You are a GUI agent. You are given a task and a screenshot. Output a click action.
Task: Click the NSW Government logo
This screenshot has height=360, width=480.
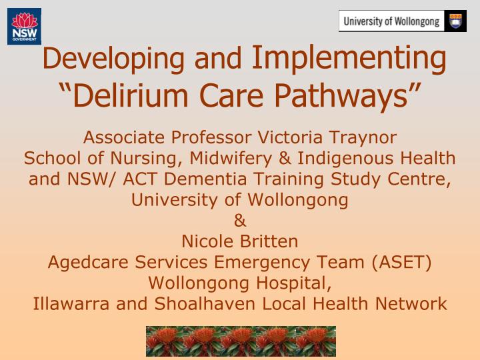coord(24,27)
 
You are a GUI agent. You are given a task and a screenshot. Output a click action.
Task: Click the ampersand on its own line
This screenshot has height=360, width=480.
coord(239,220)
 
